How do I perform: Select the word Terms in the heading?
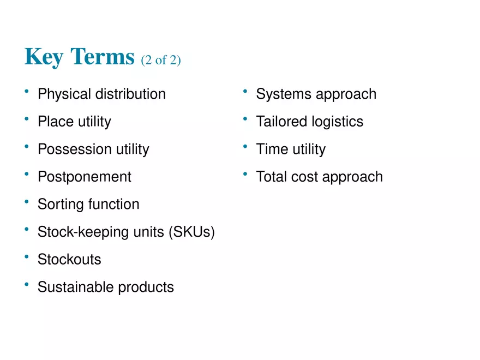[103, 57]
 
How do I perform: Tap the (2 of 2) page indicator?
[160, 59]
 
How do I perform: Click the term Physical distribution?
[101, 94]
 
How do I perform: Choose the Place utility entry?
[74, 121]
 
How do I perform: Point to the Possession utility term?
[93, 149]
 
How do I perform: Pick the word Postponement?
[85, 177]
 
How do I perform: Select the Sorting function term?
[88, 204]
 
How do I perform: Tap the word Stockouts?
[69, 259]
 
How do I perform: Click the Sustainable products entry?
[106, 287]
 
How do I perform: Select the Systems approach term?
[316, 94]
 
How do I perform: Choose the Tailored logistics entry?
[310, 121]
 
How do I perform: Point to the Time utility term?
[291, 149]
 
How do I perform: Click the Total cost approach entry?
[320, 177]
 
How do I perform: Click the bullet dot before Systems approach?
[245, 91]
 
